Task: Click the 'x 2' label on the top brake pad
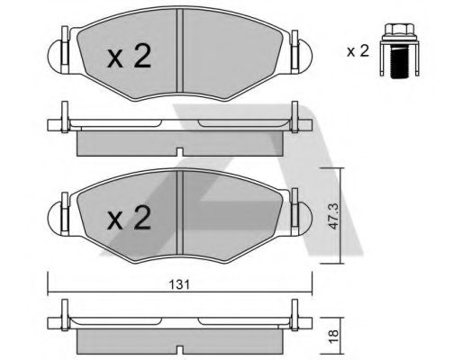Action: coord(129,58)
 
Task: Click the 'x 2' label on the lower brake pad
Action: coord(129,218)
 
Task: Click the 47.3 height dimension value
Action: coord(335,218)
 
